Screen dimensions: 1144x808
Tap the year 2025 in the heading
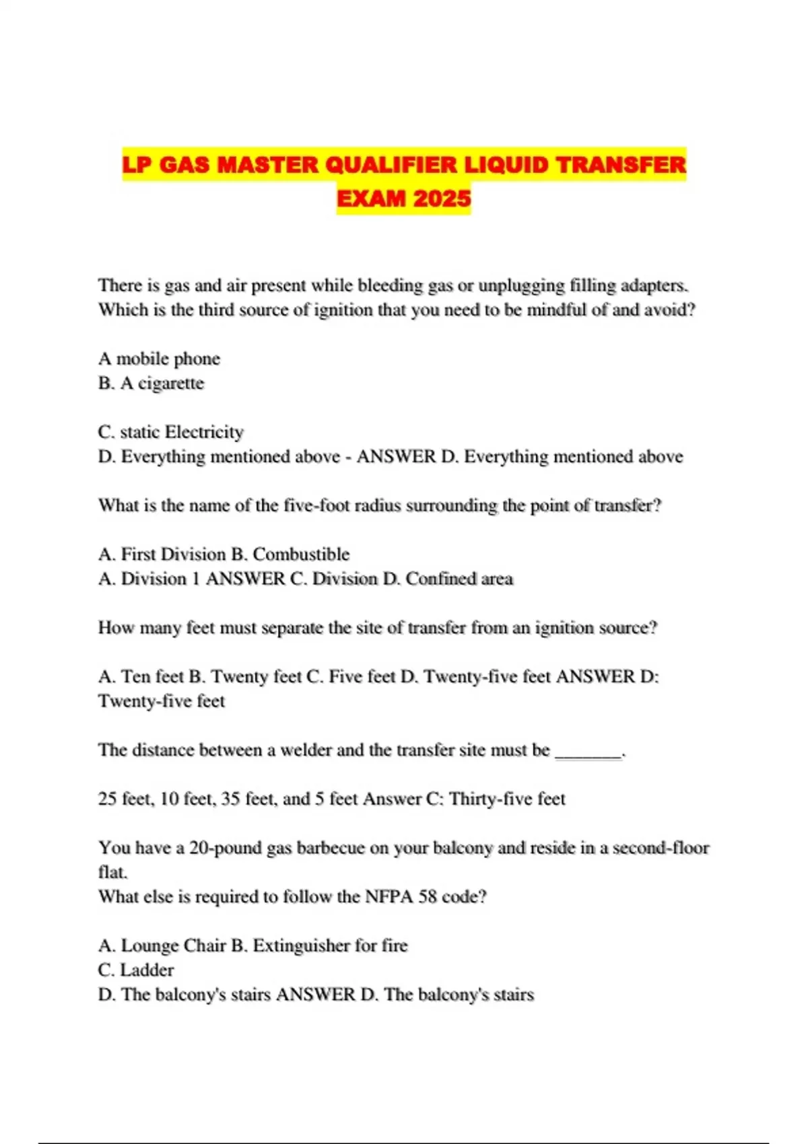pos(442,199)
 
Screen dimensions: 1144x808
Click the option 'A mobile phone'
pos(160,358)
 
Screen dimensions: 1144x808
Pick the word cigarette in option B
pos(171,383)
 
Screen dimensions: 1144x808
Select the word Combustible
pos(301,554)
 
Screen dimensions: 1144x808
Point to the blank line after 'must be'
pos(588,752)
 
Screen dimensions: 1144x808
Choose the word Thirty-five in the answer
pos(490,799)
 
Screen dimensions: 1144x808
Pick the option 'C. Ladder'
pos(136,970)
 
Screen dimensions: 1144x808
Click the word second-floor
pos(654,847)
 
